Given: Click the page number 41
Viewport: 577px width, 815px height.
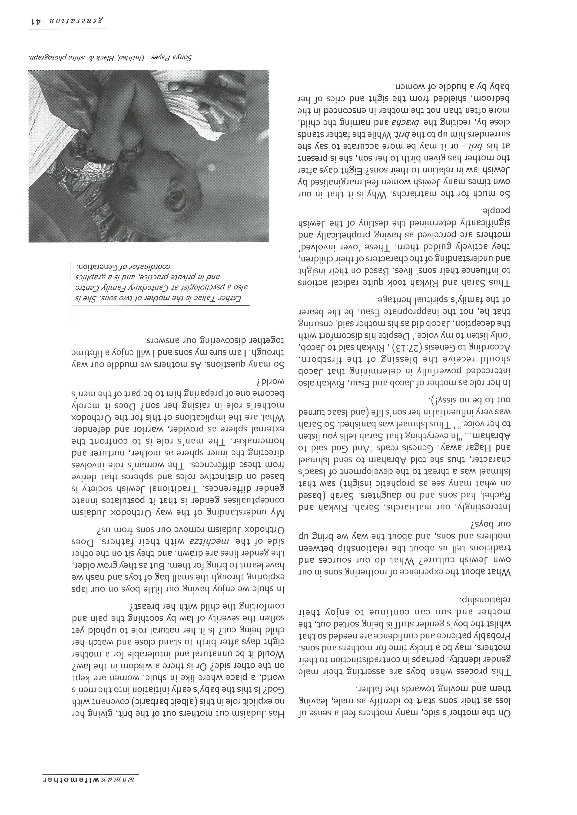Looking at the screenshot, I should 36,21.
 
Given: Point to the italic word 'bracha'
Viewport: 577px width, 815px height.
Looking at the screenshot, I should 391,122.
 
